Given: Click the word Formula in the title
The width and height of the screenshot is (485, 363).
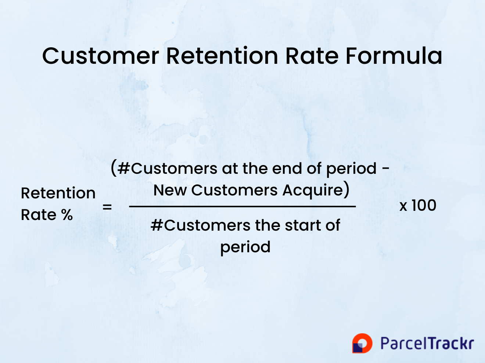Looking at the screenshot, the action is [x=394, y=56].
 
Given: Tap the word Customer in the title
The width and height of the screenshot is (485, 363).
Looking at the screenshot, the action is [x=101, y=56].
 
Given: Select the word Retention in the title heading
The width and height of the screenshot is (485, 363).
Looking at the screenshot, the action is [x=222, y=56].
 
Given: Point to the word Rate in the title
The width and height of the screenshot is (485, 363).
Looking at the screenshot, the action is [x=312, y=56].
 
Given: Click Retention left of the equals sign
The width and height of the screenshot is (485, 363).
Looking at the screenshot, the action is [x=58, y=193].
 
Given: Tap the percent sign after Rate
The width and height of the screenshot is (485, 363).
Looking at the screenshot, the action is [x=67, y=214].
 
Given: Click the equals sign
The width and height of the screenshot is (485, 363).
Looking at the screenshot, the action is [x=107, y=207].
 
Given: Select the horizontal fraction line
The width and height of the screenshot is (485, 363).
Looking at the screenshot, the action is [x=242, y=206].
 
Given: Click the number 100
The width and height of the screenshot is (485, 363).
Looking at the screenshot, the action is [x=424, y=205].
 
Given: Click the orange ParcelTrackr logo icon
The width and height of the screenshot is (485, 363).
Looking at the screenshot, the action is [x=362, y=343].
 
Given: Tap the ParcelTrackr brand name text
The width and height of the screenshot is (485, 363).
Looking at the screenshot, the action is [x=427, y=343].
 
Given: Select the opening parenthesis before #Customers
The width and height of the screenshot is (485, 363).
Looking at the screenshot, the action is [x=114, y=168].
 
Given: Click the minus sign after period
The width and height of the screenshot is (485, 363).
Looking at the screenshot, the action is [x=386, y=169].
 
